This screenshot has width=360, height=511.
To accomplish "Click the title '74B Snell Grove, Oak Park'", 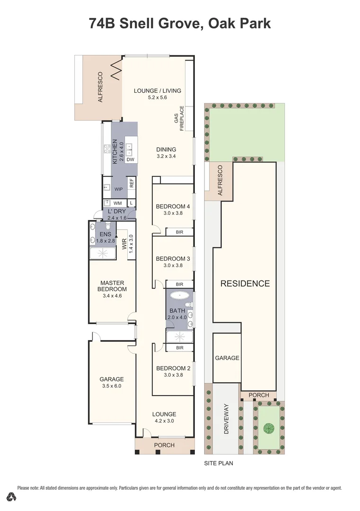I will click(x=180, y=23).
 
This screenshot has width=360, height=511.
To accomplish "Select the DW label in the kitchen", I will click(x=131, y=160).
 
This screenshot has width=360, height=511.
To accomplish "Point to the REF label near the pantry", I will click(x=132, y=183).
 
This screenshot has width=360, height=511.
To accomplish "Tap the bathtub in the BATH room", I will click(x=179, y=297).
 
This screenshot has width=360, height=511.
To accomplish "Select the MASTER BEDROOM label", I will click(x=112, y=286).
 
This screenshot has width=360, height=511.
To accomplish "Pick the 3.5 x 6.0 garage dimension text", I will click(x=112, y=386).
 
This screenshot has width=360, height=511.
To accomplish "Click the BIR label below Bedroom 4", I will click(x=179, y=232).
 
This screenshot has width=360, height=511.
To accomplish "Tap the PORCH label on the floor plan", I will click(x=164, y=445).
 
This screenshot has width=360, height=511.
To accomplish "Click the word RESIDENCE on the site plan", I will click(x=245, y=284).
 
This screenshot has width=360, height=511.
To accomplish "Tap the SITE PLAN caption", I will click(x=219, y=463).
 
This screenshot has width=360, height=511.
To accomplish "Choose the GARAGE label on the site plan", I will click(x=227, y=358).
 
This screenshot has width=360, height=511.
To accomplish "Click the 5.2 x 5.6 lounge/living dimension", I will click(x=157, y=97).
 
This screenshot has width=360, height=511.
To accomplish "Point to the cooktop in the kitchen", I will click(x=107, y=150).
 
